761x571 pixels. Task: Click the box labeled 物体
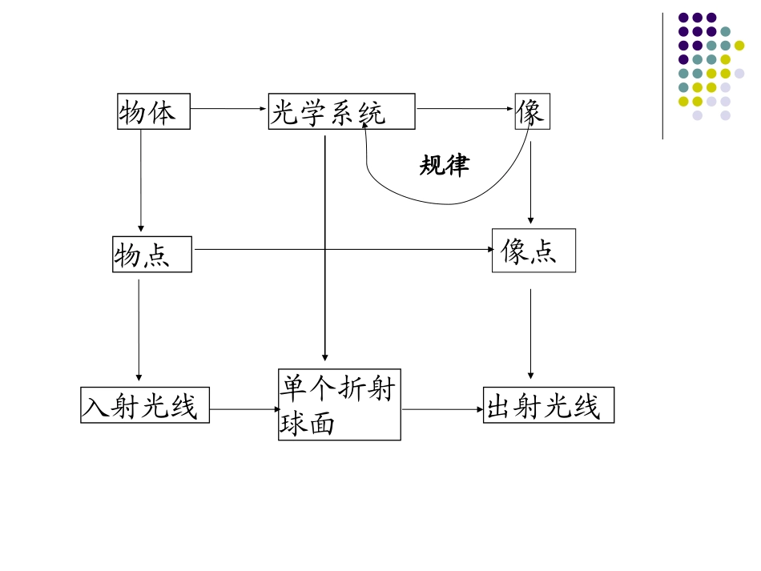tap(153, 111)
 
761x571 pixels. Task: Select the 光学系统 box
tap(341, 111)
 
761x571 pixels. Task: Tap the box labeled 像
tap(532, 111)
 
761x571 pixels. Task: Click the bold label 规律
tap(445, 165)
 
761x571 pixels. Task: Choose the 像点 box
tap(534, 251)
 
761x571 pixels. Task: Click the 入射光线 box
tap(145, 405)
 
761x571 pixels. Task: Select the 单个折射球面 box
tap(340, 404)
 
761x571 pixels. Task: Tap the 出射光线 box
tap(549, 405)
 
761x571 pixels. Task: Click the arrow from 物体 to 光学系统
tap(229, 108)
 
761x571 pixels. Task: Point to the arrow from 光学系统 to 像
tap(465, 108)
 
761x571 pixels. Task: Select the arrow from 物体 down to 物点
tap(141, 180)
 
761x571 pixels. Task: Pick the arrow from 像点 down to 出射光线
tap(530, 333)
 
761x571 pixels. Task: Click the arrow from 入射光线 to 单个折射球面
tap(244, 409)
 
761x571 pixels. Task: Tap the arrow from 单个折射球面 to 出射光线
tap(442, 409)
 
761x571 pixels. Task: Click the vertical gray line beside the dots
tap(662, 76)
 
